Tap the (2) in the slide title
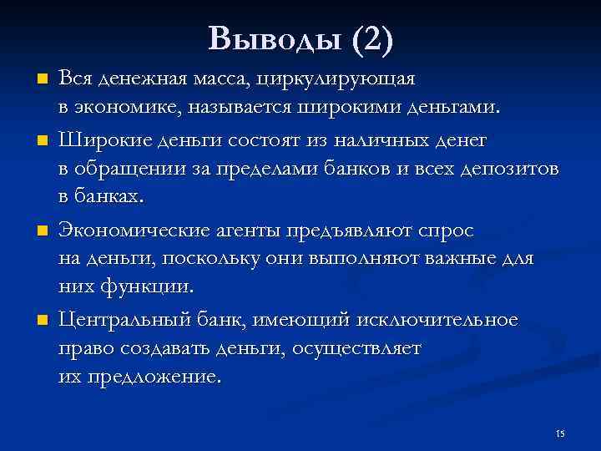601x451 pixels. [371, 39]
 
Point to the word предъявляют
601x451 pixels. [346, 229]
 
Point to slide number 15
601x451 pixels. [559, 433]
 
